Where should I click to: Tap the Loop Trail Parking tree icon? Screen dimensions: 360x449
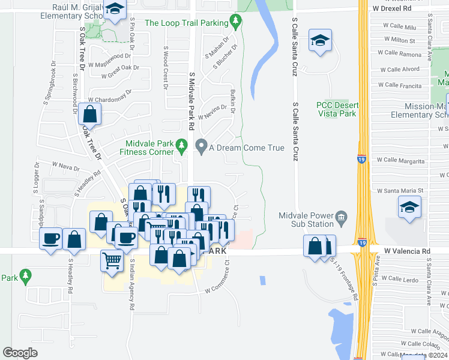coord(237,23)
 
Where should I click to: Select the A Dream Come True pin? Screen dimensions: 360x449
coord(202,146)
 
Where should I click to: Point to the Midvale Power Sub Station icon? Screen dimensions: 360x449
coord(342,217)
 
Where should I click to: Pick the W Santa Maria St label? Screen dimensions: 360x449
coord(400,191)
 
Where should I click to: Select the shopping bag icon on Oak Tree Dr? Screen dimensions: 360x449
coord(89,113)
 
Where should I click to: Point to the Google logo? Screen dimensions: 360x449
coord(19,353)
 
